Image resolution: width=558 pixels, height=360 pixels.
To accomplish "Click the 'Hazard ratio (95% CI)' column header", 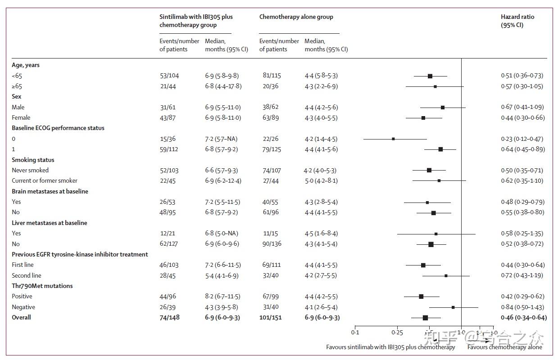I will click(517, 21).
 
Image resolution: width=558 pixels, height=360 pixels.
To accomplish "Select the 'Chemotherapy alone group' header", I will click(296, 17).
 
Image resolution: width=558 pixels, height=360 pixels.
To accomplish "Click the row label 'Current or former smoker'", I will click(45, 181).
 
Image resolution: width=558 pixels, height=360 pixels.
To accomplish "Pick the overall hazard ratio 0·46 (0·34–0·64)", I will click(523, 318).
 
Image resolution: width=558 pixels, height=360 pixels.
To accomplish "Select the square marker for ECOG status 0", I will click(393, 139).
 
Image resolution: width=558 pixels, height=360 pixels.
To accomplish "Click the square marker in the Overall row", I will click(425, 318).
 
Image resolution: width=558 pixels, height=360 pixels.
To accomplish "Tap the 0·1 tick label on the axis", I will click(355, 333).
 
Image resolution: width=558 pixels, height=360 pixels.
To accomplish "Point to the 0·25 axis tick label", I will click(397, 333).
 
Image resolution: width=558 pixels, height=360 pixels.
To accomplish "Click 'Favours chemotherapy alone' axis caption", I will click(504, 347).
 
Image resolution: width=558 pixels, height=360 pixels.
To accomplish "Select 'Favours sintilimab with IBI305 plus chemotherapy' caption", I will click(390, 347).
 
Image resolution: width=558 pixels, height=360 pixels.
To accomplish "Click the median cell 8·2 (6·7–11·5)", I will click(222, 297).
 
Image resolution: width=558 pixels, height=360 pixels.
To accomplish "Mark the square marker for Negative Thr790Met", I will click(453, 307).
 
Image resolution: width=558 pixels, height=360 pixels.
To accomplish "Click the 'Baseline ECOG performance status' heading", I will click(58, 128).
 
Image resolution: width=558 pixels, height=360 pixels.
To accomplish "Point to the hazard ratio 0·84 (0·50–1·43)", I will click(522, 307).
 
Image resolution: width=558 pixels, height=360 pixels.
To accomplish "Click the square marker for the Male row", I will click(443, 107).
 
